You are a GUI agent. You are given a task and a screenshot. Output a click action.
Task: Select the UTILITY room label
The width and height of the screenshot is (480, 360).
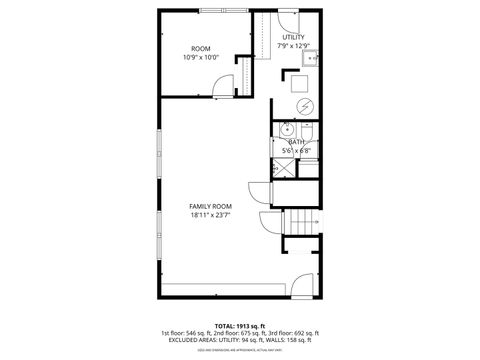(x=294, y=37)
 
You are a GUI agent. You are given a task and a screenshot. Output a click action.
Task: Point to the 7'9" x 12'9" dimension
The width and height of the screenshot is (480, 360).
(x=294, y=46)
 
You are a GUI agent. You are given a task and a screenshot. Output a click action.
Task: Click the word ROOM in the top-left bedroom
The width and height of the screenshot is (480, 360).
(x=200, y=48)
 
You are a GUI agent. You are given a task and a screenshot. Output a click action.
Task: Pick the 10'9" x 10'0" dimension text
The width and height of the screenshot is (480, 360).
(x=200, y=57)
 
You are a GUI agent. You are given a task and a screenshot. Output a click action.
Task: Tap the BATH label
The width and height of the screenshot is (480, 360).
(x=296, y=141)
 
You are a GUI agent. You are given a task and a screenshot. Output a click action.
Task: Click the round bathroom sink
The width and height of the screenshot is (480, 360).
(x=287, y=129)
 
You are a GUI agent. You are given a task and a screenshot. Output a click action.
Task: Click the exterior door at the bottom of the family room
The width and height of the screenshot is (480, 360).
(x=298, y=287)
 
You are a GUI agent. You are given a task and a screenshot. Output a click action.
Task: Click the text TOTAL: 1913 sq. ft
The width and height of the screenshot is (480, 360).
(x=240, y=326)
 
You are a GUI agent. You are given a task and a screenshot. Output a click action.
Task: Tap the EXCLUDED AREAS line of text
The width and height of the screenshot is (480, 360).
(x=240, y=340)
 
